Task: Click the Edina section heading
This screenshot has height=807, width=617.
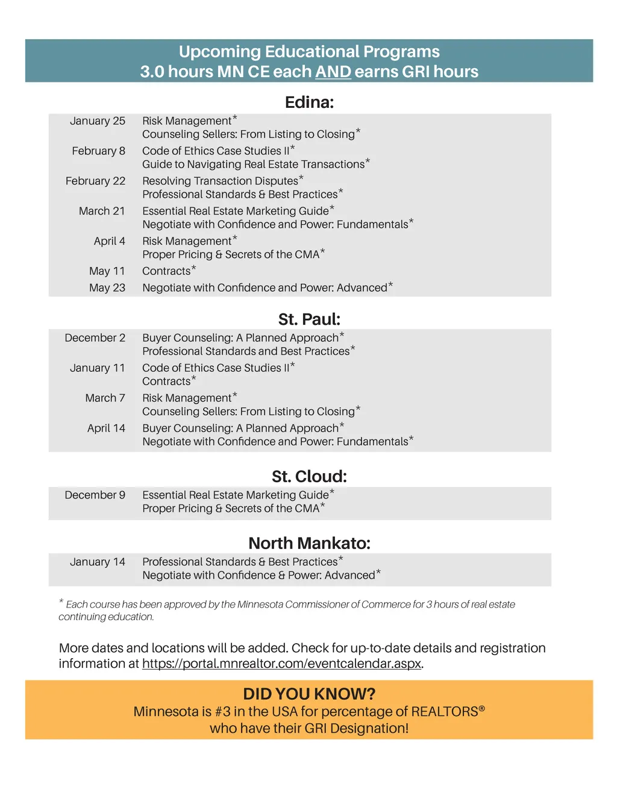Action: [x=309, y=102]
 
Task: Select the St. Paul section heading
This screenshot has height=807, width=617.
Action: [x=309, y=319]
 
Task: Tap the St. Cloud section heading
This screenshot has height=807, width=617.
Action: [x=309, y=477]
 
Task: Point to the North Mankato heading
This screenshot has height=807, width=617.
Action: [x=309, y=544]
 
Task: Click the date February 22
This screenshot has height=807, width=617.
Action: [x=95, y=181]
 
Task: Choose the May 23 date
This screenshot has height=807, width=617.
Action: [x=107, y=288]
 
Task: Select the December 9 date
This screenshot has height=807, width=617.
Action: [x=95, y=495]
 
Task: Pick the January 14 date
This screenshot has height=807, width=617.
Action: [x=97, y=562]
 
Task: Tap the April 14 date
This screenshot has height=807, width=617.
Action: [x=106, y=429]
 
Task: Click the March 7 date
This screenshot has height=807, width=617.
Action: [x=105, y=398]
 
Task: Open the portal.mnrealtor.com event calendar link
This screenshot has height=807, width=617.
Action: [x=281, y=664]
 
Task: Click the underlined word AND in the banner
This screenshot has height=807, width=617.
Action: [x=333, y=72]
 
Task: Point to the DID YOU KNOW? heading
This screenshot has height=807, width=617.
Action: [x=309, y=694]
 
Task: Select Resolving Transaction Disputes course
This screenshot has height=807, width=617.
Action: [x=220, y=181]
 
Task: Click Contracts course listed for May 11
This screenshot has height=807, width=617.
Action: [x=166, y=271]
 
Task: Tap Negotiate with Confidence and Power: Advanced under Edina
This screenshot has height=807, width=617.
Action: [x=265, y=288]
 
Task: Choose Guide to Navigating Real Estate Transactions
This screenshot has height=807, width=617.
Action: [x=253, y=165]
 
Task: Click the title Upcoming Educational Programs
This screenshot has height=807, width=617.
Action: [x=309, y=52]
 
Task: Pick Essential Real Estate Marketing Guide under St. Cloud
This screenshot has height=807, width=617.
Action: [x=236, y=495]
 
